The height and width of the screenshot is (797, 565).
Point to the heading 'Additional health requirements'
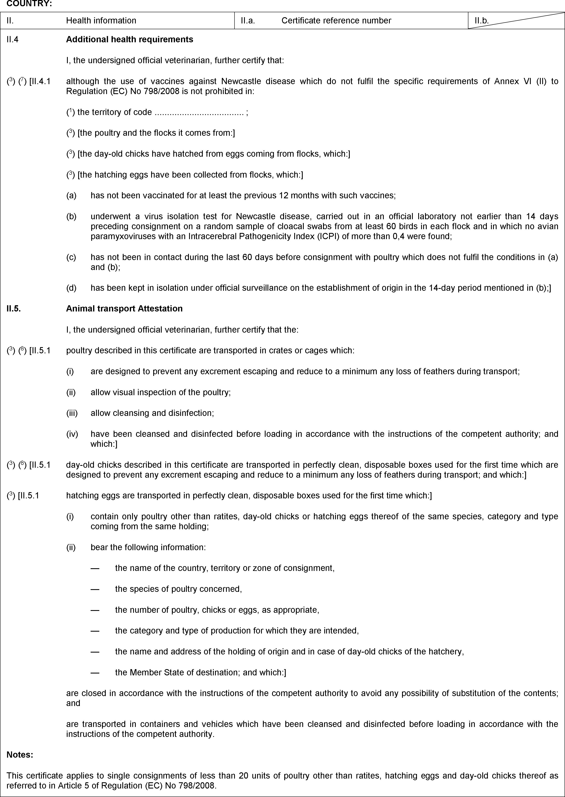pos(129,39)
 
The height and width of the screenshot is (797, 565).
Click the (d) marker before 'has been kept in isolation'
pos(71,288)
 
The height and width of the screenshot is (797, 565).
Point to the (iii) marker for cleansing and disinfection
pos(72,413)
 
